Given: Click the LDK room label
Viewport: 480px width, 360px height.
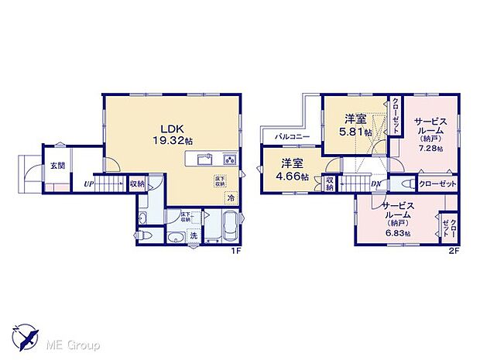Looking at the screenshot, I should (170, 129).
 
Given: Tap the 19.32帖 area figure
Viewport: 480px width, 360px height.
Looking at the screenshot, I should (170, 142).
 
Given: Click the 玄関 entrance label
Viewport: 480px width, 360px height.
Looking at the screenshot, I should (57, 165).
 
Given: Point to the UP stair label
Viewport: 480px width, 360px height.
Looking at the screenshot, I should (89, 184).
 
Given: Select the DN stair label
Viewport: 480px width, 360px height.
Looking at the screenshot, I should (375, 185).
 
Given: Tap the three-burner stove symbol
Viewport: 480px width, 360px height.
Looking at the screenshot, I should (230, 159).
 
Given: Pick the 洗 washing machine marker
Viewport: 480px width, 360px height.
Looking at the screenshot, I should (194, 235).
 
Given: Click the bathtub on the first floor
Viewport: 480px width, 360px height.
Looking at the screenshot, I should (230, 230).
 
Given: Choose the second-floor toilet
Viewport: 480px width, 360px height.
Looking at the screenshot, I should (406, 184).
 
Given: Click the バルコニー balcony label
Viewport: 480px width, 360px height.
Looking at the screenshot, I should (291, 136).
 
